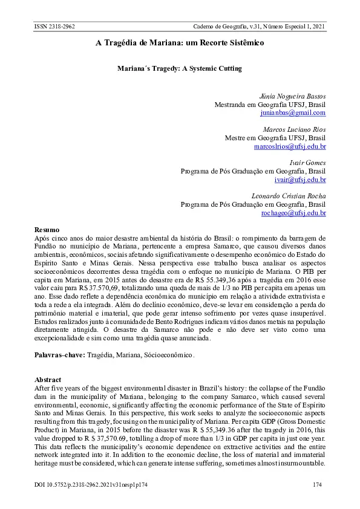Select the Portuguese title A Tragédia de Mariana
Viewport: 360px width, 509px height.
coord(180,44)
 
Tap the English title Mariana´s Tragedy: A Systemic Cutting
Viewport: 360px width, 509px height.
coord(179,69)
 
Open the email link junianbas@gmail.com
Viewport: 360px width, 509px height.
coord(293,112)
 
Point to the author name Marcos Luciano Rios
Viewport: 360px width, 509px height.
coord(294,129)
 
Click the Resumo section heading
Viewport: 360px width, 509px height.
coord(47,230)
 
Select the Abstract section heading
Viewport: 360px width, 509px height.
coord(48,380)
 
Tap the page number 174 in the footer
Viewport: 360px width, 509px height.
coord(318,485)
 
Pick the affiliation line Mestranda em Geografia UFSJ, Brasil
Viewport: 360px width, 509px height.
coord(270,105)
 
